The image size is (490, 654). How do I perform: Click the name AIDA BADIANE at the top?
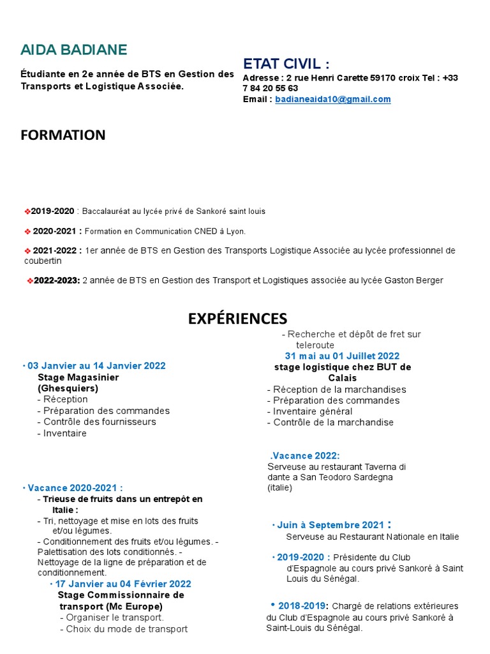click(73, 50)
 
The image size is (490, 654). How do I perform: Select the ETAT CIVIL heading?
click(286, 63)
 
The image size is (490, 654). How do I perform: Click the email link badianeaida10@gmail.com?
click(333, 100)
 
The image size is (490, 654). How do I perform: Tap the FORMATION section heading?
click(63, 135)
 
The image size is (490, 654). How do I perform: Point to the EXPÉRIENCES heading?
click(237, 319)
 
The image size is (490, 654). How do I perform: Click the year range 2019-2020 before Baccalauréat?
click(53, 211)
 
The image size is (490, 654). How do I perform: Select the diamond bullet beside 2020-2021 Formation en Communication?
click(27, 231)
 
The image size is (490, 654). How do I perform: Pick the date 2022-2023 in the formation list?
click(57, 280)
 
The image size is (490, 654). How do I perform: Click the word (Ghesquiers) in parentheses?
click(68, 388)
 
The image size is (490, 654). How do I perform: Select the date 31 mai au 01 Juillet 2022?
click(342, 356)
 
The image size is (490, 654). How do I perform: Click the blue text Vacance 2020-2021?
click(75, 487)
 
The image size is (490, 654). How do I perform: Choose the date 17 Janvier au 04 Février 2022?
click(123, 584)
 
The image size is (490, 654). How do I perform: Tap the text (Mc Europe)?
click(134, 606)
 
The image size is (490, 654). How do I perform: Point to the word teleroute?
click(315, 345)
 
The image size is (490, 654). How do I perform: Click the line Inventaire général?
click(312, 411)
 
